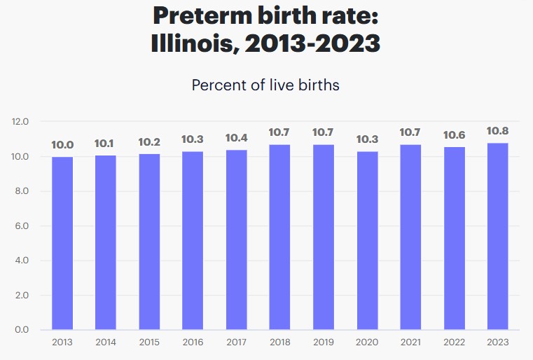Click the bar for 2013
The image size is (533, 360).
[x=62, y=243]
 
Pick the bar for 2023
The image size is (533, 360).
[x=497, y=236]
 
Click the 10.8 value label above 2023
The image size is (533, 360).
[x=497, y=130]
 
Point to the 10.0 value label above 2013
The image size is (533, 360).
[x=62, y=144]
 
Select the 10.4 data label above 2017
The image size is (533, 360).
[x=236, y=138]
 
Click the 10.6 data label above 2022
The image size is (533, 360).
[x=454, y=134]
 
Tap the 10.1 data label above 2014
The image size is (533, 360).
[x=105, y=143]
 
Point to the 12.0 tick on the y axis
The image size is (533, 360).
[x=20, y=122]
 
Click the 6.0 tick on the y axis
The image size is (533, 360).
[x=20, y=226]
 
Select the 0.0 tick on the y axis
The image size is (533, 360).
[x=20, y=330]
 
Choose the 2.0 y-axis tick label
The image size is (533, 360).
[x=20, y=296]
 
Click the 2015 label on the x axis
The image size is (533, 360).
[x=148, y=342]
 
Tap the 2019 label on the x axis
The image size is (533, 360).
[x=323, y=342]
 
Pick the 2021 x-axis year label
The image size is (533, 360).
[x=410, y=342]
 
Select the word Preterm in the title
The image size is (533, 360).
[x=204, y=15]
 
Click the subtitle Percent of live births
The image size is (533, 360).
[x=265, y=85]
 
